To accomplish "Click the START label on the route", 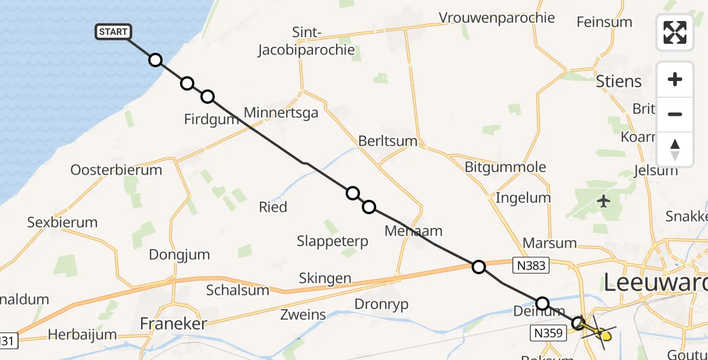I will [113, 32].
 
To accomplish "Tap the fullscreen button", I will [675, 32].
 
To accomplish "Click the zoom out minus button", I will [675, 114].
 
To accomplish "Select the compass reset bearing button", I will [675, 149].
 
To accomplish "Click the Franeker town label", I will [173, 324].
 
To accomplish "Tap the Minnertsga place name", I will [281, 112].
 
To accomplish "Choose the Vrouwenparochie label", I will [497, 17].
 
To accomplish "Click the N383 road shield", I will [531, 265].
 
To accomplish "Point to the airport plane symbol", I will [604, 201].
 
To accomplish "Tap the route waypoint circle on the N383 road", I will [479, 266].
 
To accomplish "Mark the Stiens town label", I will [619, 82].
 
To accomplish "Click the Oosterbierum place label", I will [116, 170].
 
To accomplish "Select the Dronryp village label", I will [382, 304].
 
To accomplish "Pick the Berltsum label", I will [388, 140].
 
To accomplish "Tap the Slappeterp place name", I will [332, 241].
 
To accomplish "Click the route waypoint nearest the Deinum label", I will [542, 303].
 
